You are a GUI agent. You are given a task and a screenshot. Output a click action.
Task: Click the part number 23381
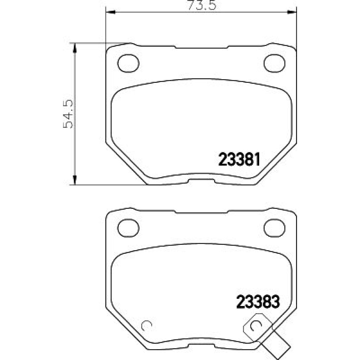pyautogui.click(x=239, y=159)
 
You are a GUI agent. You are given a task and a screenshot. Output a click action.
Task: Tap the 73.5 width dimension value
pyautogui.click(x=202, y=5)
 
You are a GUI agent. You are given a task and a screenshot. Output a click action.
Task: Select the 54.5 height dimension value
pyautogui.click(x=68, y=114)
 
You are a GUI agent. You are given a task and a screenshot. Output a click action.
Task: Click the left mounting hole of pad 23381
pyautogui.click(x=128, y=63)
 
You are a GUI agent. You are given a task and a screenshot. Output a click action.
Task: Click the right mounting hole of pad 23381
pyautogui.click(x=274, y=63)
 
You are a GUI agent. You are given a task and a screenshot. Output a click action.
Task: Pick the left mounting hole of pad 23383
pyautogui.click(x=128, y=228)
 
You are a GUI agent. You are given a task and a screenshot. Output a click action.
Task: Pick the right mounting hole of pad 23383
pyautogui.click(x=274, y=228)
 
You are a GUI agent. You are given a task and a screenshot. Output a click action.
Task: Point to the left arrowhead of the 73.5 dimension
pyautogui.click(x=110, y=12)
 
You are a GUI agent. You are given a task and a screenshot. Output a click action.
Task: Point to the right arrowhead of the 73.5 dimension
pyautogui.click(x=292, y=12)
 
